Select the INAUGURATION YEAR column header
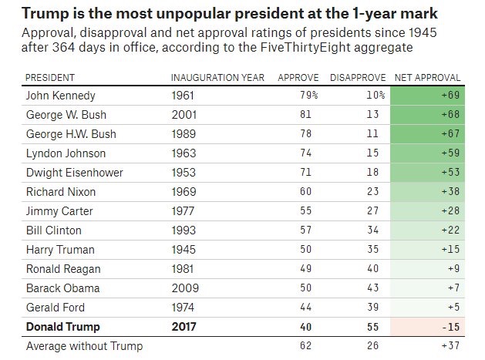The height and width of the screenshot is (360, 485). (217, 78)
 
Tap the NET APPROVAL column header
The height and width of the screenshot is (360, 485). (427, 78)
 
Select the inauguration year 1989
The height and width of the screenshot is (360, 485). (184, 134)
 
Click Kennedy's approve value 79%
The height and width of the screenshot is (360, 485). (308, 96)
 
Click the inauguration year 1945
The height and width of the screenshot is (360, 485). (184, 250)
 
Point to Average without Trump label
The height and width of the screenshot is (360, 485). (84, 346)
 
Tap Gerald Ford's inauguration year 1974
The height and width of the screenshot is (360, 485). (184, 308)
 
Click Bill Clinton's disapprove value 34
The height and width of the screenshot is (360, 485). (371, 230)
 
